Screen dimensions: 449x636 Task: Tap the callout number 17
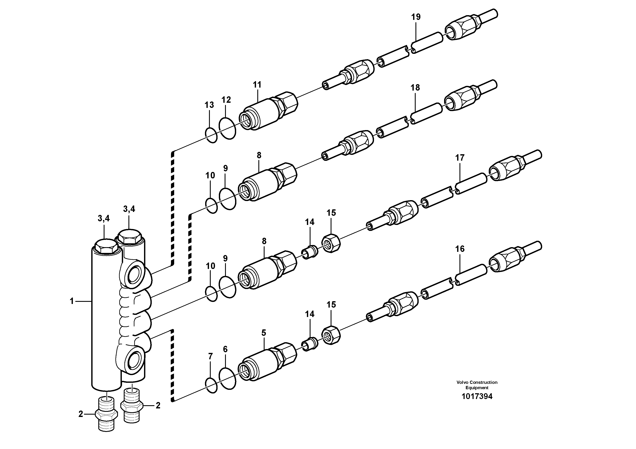[459, 158]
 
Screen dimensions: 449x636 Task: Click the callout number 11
[257, 85]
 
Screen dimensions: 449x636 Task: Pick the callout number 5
[264, 333]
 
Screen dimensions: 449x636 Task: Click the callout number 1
[72, 301]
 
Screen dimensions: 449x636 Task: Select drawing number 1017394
[477, 396]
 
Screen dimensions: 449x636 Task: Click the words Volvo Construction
[477, 382]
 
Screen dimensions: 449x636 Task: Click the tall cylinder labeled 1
[106, 318]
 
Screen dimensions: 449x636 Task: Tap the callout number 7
[210, 357]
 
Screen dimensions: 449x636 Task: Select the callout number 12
[226, 100]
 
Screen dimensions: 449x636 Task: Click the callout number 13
[209, 105]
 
